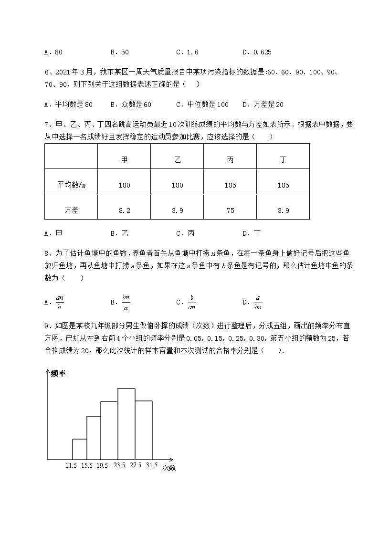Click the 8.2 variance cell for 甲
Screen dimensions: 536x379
click(x=124, y=210)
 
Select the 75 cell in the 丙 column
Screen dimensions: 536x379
click(x=230, y=210)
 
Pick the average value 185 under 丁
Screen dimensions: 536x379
click(x=283, y=185)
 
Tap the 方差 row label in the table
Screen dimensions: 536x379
click(x=72, y=210)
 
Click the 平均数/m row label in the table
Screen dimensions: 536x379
click(x=72, y=185)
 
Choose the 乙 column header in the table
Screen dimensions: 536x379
click(x=177, y=160)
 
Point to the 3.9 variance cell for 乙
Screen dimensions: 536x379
click(x=177, y=210)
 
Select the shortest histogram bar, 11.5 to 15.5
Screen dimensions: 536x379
click(x=80, y=449)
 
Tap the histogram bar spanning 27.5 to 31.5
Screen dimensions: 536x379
click(x=144, y=430)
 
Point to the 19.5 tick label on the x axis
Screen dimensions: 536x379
click(x=101, y=465)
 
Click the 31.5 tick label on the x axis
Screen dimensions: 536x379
click(x=151, y=465)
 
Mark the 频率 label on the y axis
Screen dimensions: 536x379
click(x=58, y=373)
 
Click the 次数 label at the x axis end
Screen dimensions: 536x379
click(x=168, y=468)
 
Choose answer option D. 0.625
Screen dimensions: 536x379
click(x=257, y=53)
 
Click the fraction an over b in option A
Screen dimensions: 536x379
click(x=60, y=302)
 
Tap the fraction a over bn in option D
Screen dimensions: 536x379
click(x=258, y=302)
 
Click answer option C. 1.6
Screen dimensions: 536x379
click(x=187, y=53)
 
